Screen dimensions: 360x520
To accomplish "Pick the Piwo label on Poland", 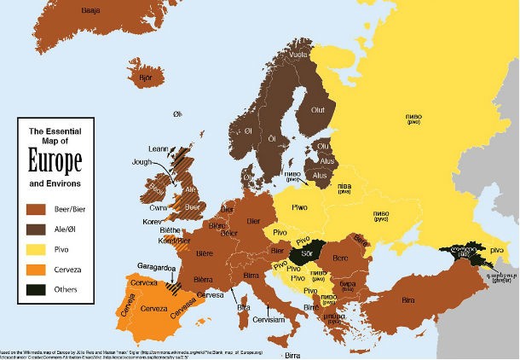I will coord(299,206).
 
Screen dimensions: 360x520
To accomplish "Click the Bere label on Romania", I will coord(340,257).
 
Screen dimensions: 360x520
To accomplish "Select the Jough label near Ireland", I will coord(142,160).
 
